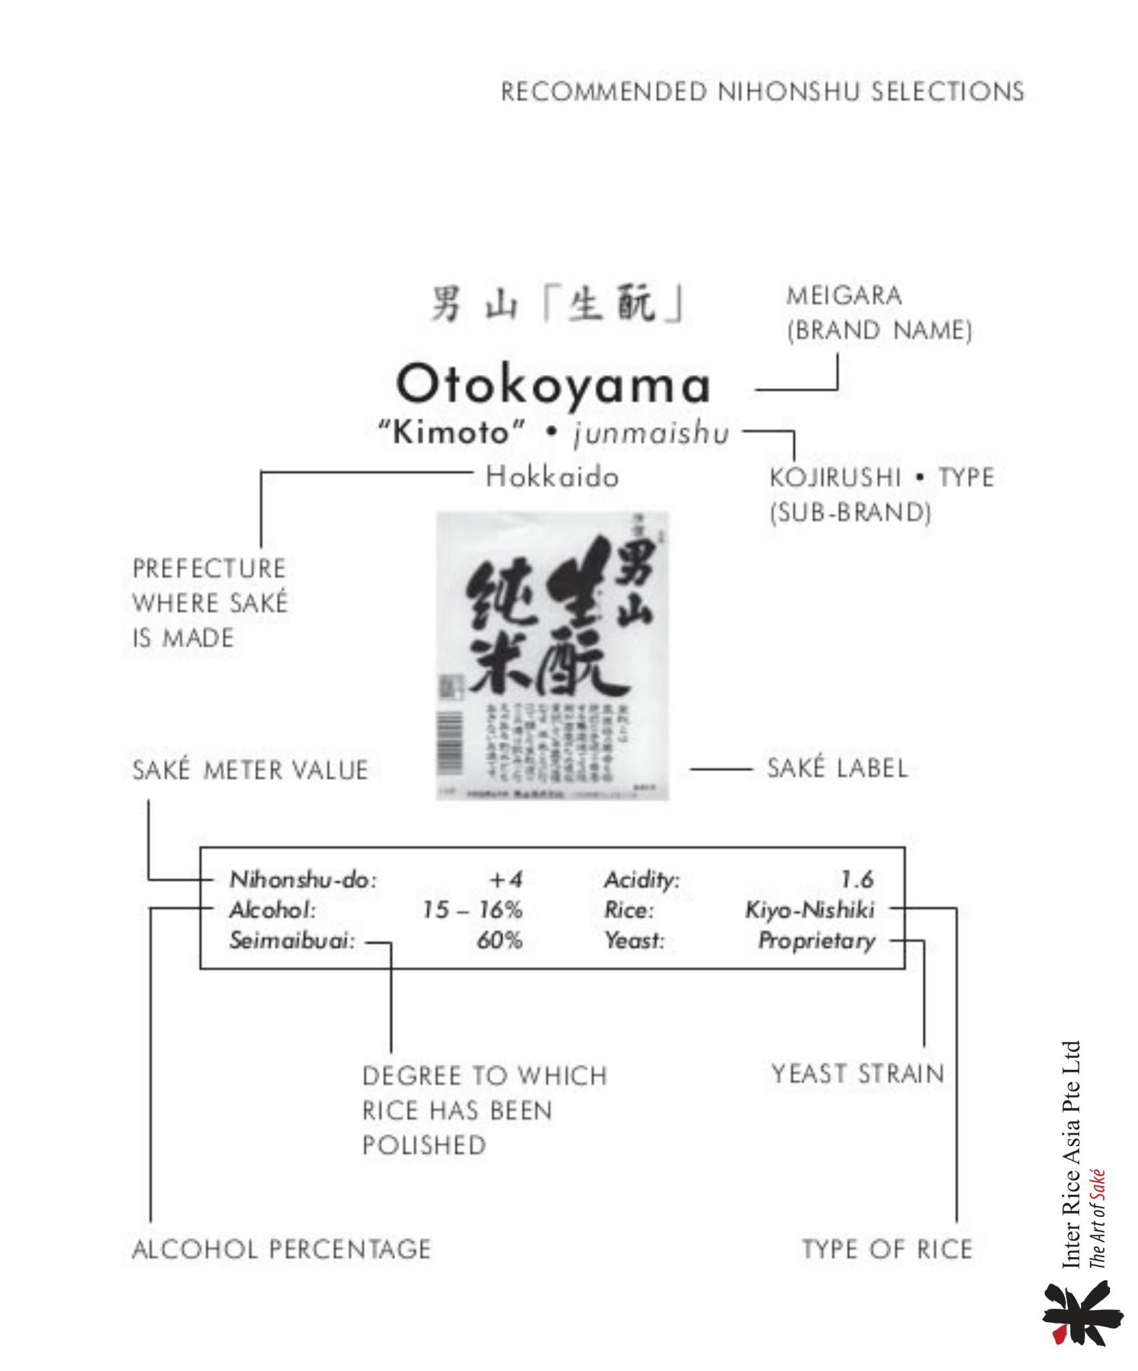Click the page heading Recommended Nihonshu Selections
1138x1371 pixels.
point(762,92)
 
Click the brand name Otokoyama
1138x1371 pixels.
point(553,385)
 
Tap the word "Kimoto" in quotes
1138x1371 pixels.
point(452,432)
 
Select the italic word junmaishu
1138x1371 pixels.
point(651,433)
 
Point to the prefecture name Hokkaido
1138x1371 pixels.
point(552,477)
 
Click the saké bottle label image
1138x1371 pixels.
point(552,656)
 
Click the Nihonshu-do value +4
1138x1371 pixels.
point(505,879)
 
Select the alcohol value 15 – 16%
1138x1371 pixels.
point(472,910)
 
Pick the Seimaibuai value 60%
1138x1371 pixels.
point(499,941)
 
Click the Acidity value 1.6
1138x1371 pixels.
point(857,879)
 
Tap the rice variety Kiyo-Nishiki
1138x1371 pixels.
point(810,910)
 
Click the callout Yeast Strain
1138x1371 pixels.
point(858,1074)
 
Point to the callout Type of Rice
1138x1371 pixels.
point(887,1249)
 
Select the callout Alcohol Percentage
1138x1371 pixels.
point(281,1249)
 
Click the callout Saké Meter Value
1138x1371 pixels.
point(250,770)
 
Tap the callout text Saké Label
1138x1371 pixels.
point(837,769)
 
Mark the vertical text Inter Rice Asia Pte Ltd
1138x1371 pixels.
point(1071,1154)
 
